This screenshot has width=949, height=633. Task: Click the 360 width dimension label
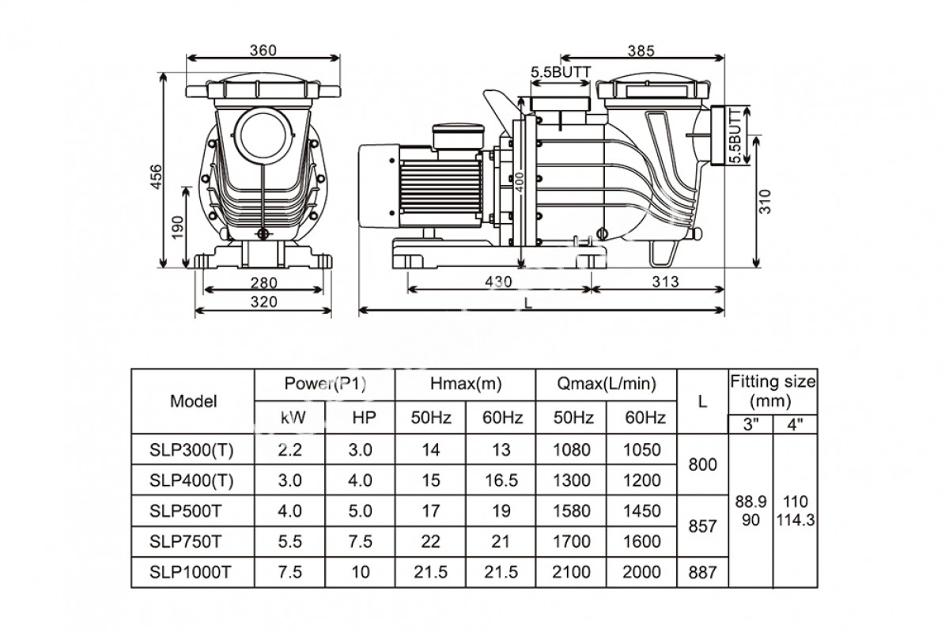click(262, 51)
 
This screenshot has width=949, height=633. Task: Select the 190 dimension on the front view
click(177, 229)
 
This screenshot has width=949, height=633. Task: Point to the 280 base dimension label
click(263, 282)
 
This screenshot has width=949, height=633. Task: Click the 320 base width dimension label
click(263, 301)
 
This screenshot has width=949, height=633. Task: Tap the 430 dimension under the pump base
click(499, 282)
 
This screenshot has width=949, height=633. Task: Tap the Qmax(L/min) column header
click(607, 385)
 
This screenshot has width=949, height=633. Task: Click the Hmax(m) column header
click(466, 385)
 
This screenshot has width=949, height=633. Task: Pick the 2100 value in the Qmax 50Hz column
click(572, 572)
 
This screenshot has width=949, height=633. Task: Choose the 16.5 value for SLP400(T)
click(501, 479)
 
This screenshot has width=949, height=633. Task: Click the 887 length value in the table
click(702, 572)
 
